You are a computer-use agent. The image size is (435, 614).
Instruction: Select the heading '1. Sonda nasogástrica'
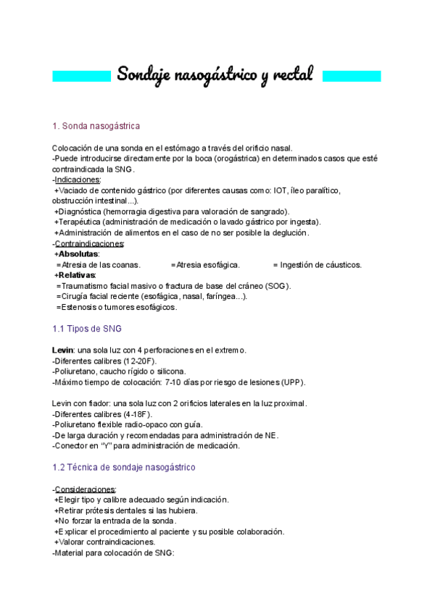(96, 126)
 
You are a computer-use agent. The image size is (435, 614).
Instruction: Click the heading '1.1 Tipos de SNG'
(87, 329)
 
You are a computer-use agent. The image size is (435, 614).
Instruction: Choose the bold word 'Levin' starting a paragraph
(63, 350)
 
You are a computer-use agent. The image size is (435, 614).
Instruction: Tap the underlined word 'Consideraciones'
(85, 489)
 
